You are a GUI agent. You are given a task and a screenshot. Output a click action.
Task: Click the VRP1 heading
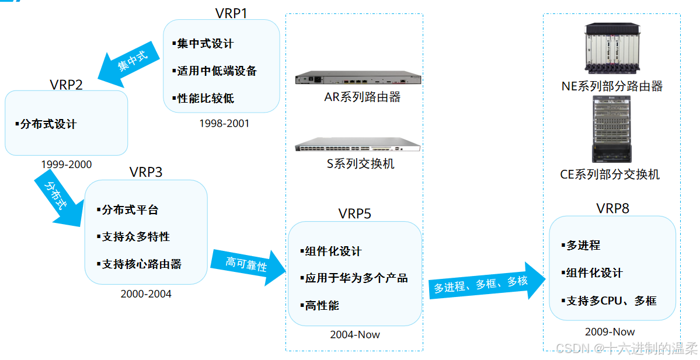(x=231, y=12)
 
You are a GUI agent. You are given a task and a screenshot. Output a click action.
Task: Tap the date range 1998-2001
(x=224, y=123)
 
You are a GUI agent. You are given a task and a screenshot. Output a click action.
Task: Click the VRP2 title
(x=66, y=84)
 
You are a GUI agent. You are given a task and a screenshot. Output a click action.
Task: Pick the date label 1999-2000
(x=66, y=165)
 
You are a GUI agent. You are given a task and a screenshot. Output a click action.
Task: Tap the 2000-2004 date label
(x=146, y=294)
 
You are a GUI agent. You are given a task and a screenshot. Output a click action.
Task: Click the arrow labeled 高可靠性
(x=248, y=265)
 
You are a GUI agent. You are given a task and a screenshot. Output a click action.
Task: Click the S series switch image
(x=357, y=145)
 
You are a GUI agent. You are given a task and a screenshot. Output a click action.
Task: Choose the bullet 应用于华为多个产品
(x=356, y=278)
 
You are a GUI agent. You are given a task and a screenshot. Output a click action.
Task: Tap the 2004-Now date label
(x=354, y=334)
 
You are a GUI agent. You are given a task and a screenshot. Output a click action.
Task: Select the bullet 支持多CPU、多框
(x=611, y=300)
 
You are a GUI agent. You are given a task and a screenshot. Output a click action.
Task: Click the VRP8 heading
(x=612, y=208)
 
